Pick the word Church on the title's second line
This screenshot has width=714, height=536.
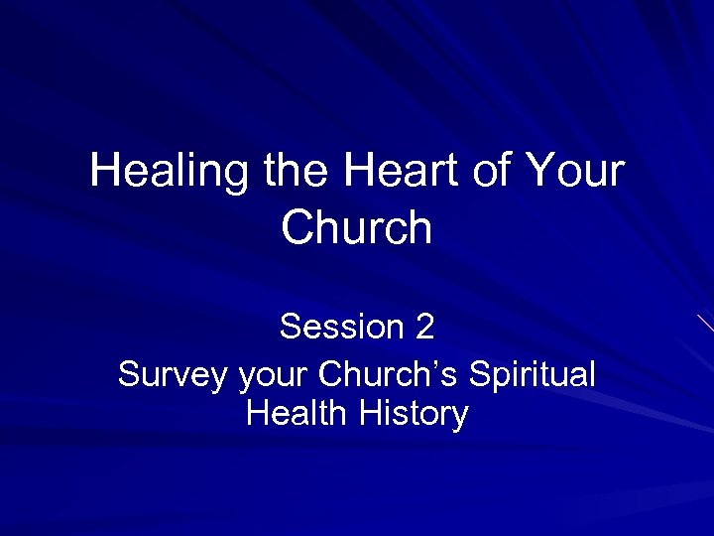(357, 227)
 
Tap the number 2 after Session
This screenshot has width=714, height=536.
(424, 326)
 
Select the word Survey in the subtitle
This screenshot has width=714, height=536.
(173, 376)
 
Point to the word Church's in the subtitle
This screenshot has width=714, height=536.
(389, 375)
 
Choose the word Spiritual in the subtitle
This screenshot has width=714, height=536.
(532, 376)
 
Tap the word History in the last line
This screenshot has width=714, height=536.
(414, 413)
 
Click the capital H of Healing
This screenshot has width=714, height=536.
(103, 171)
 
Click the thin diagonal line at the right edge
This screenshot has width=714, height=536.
(705, 323)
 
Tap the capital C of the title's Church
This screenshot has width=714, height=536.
(296, 227)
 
